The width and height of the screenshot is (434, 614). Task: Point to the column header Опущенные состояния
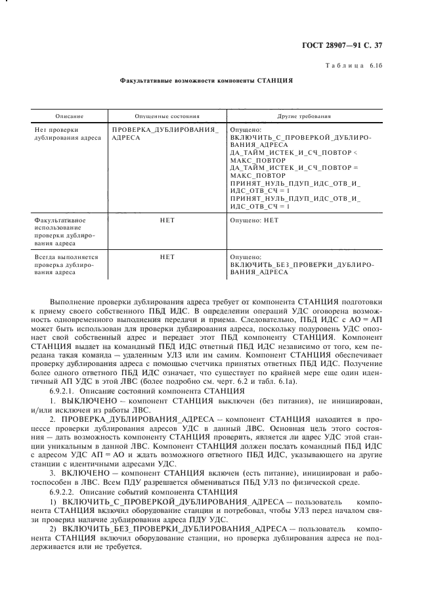167,116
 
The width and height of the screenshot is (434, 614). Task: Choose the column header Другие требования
304,116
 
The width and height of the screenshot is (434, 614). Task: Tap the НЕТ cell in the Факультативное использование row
167,220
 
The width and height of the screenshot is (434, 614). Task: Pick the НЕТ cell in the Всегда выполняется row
167,257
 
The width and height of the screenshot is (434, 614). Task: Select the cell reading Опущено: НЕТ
255,220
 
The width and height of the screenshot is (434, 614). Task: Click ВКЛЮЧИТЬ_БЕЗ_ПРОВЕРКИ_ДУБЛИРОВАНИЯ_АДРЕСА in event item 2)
174,526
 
